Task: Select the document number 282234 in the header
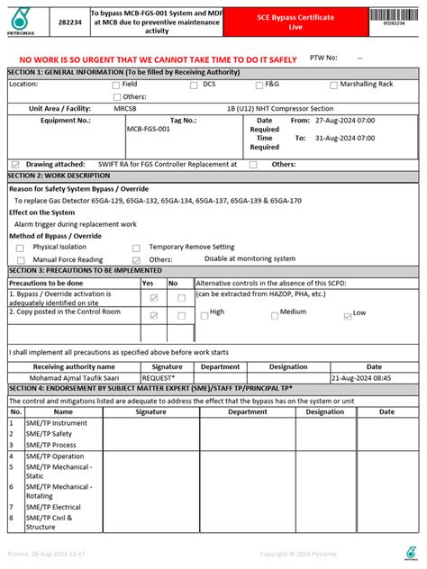coord(68,22)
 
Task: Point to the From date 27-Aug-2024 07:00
coord(345,119)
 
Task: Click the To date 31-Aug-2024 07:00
coord(345,139)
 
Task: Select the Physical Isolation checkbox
coord(21,247)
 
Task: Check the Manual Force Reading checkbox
coord(21,259)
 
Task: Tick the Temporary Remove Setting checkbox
coord(141,247)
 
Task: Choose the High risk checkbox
coord(203,313)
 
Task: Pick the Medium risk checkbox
coord(273,313)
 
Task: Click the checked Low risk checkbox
coord(346,313)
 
